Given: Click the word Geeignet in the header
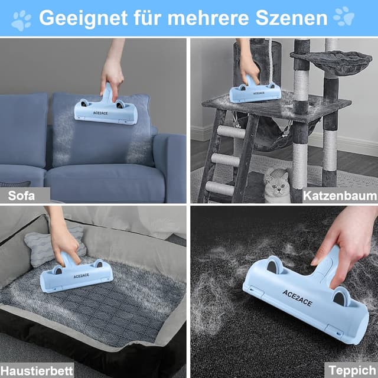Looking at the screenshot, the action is pos(83,18).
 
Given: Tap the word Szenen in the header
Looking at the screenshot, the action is pos(291,18).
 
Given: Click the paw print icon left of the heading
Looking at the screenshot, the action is pos(21,21).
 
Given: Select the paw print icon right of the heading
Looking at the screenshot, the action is pos(344,16).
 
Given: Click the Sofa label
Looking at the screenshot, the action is pos(21,195).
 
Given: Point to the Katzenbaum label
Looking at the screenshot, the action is pos(340,195).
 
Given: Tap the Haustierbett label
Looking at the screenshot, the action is pos(37,370).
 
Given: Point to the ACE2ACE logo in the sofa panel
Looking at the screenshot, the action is pos(100,113).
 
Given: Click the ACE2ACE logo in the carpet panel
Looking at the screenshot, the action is pos(297,298).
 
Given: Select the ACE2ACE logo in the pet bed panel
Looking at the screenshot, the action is pos(82,276).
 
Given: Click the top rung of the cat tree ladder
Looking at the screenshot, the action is pos(231,132).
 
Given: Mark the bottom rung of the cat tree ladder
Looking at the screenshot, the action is pos(220,188).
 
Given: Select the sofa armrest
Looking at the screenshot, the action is pos(170,167).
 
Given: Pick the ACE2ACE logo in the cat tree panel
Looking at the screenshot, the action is pos(259,93).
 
